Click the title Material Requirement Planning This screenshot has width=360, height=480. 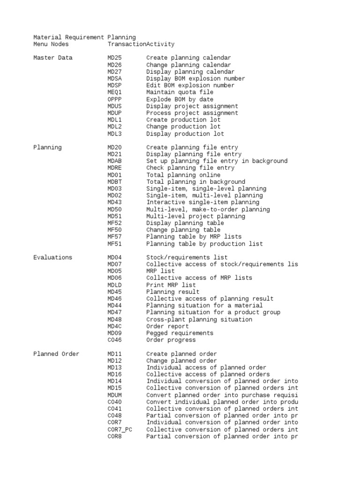(84, 37)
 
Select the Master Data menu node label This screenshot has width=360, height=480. (53, 58)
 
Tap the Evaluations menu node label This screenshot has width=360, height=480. (53, 257)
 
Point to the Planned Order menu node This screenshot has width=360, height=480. (56, 354)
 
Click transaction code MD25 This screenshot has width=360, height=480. (114, 58)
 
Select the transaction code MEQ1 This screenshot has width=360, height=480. (114, 92)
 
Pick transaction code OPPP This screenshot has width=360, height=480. (114, 99)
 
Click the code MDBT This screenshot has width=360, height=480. (114, 182)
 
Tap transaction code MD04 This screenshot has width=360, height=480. (114, 257)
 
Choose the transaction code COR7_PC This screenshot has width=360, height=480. (120, 429)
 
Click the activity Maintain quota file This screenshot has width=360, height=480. (180, 92)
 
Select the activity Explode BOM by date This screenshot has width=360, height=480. (180, 99)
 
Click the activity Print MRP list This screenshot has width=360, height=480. (171, 285)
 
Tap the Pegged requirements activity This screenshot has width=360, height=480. (180, 333)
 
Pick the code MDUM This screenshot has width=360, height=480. (114, 395)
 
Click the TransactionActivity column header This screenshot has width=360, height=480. (141, 44)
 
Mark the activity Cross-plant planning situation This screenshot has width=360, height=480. (199, 319)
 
